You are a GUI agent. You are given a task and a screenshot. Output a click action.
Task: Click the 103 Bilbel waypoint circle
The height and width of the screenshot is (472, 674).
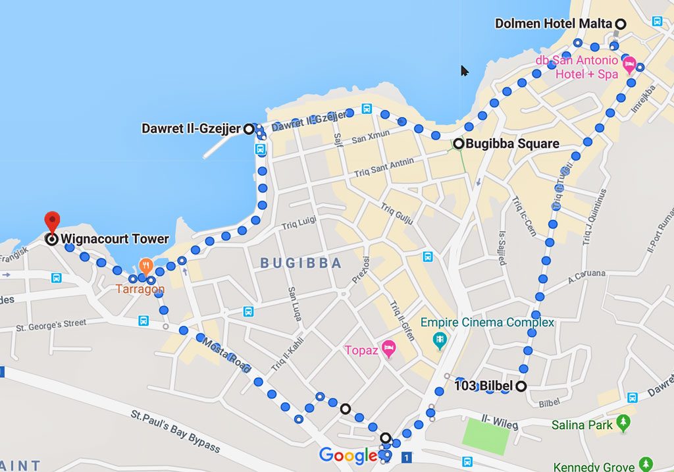coord(521,386)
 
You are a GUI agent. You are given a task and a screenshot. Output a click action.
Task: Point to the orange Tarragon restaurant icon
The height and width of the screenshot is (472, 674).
coord(145,267)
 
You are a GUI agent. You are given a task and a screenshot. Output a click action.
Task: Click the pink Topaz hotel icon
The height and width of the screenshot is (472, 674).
coord(388,346)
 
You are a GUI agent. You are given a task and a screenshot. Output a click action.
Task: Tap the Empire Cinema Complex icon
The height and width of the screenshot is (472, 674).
coord(440,340)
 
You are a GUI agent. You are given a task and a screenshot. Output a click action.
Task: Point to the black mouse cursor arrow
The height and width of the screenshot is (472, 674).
coord(464,70)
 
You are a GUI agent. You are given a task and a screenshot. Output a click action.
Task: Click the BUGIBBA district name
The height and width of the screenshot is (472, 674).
coord(301,263)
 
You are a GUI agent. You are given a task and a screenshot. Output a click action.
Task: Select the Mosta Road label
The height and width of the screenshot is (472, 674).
coord(226,353)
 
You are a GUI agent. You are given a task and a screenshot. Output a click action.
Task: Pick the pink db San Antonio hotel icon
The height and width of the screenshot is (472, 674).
coord(629,65)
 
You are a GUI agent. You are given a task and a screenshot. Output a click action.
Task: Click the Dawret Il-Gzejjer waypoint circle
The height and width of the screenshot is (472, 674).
coord(248,129)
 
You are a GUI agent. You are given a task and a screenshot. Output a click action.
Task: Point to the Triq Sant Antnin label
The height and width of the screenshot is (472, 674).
coord(384,167)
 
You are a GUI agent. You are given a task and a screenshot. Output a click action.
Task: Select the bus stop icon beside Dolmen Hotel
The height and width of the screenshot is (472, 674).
coord(657,21)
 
